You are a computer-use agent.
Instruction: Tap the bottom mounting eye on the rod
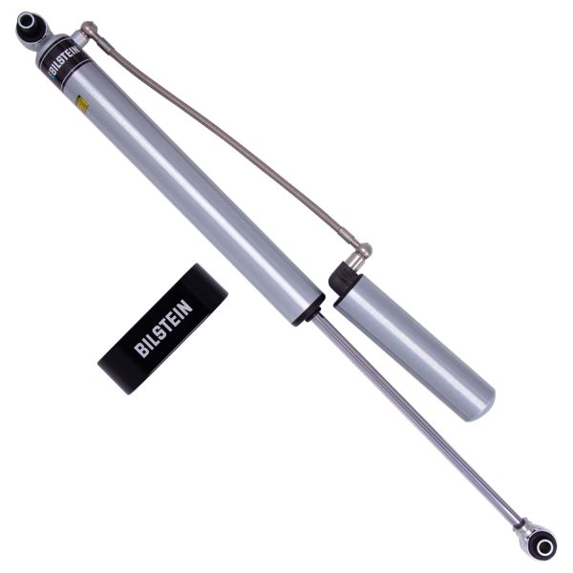point(541,542)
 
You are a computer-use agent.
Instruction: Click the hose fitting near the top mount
point(88,32)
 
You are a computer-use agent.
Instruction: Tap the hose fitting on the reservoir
point(361,253)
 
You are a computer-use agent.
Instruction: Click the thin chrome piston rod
point(411,411)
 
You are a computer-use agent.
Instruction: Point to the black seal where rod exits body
point(310,310)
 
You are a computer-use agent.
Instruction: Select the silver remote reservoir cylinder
point(415,344)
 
